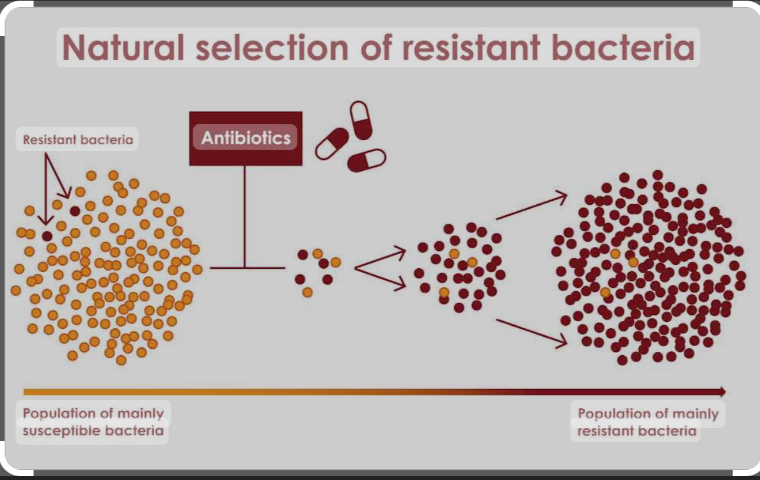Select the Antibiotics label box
(x=246, y=138)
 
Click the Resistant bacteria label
(x=78, y=140)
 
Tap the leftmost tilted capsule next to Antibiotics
(x=332, y=143)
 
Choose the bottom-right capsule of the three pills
(x=367, y=160)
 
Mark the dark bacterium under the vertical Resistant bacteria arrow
(x=47, y=236)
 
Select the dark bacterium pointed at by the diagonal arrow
(x=75, y=211)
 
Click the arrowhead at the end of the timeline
(x=722, y=392)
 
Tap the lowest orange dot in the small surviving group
(x=308, y=292)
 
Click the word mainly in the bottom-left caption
(x=140, y=413)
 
